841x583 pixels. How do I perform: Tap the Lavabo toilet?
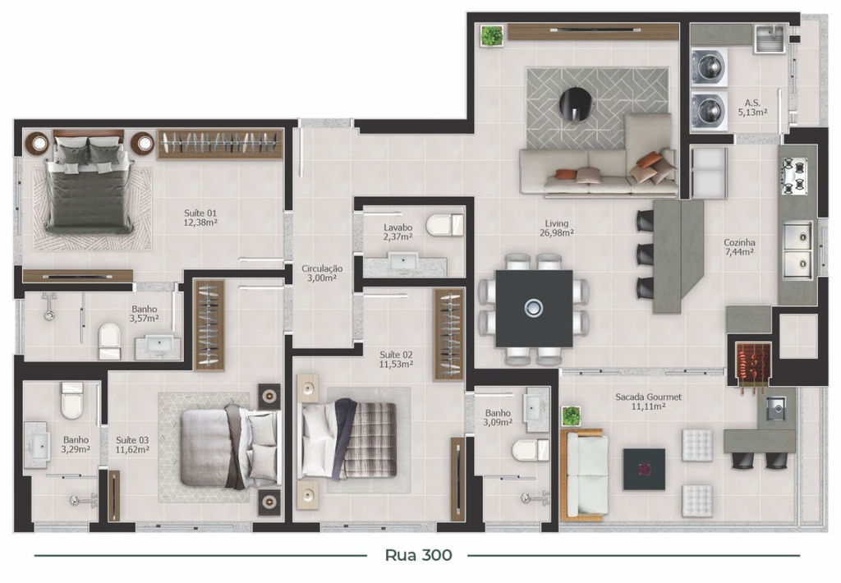444,225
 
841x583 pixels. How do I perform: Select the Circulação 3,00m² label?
322,273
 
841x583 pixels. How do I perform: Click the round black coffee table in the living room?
576,104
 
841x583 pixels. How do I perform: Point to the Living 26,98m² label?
557,228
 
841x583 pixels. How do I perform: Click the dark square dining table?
534,309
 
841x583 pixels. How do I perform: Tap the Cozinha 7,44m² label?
739,246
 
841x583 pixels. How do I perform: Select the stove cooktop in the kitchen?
794,175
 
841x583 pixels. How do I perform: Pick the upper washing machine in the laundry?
709,67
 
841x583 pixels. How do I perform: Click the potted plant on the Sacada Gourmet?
572,415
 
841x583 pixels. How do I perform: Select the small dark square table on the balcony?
644,470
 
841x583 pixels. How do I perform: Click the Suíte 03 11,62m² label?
132,445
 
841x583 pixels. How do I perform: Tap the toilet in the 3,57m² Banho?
109,341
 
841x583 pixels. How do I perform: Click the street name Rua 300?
419,555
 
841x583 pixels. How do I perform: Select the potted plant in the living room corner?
491,36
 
